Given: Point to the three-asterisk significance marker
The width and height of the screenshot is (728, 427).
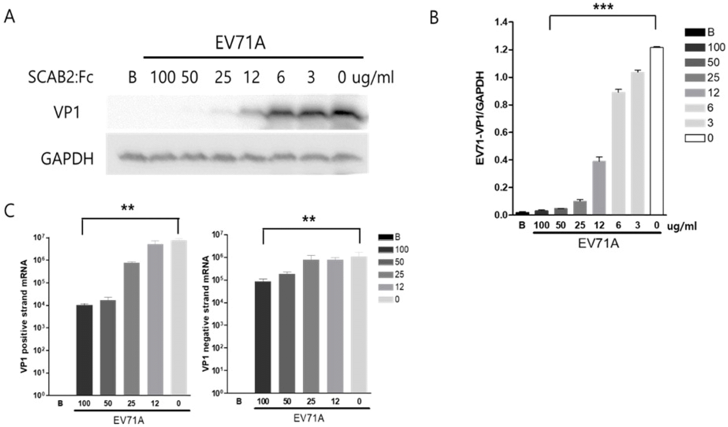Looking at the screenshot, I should [x=603, y=7].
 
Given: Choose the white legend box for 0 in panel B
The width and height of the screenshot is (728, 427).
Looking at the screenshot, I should [x=695, y=138].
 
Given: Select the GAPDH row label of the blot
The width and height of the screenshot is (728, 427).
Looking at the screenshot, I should [x=67, y=158].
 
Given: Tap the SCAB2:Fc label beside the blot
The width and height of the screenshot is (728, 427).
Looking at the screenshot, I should [x=62, y=77].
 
